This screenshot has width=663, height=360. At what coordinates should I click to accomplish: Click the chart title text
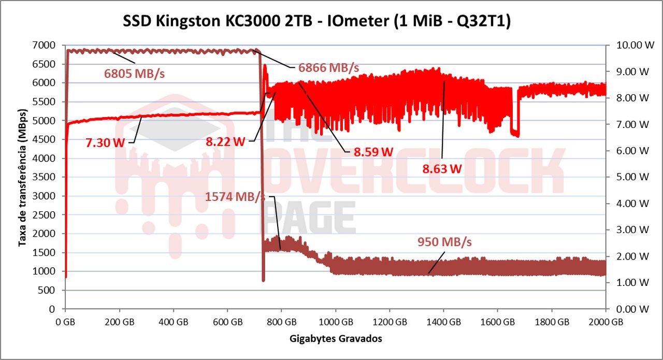[316, 22]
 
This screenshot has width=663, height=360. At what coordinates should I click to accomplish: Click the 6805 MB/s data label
[135, 74]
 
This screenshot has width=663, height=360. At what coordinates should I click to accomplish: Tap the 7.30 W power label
[105, 143]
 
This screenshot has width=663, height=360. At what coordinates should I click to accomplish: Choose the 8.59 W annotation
[373, 152]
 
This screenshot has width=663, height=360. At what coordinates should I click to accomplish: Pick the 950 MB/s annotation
[445, 242]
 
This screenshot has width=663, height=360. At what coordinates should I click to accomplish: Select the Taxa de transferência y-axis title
[22, 177]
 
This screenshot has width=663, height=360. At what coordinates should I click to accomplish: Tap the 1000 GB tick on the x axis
[335, 321]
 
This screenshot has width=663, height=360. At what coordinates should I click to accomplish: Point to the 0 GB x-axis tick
[65, 321]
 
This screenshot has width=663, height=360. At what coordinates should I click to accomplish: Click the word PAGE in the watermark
[311, 218]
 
